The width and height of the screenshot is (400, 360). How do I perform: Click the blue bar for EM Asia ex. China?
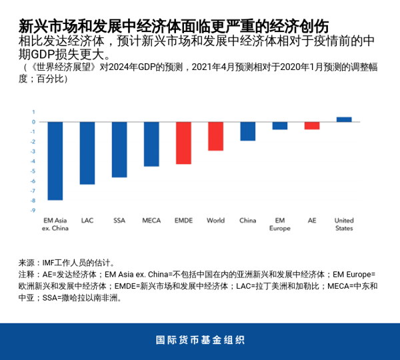click(x=55, y=161)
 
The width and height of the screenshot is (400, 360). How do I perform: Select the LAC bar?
click(x=87, y=153)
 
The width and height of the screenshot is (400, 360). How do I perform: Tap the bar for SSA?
click(x=119, y=149)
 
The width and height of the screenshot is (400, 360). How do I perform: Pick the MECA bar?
click(x=151, y=144)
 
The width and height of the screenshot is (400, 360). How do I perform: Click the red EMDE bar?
click(x=183, y=143)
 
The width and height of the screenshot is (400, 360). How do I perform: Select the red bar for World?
click(x=215, y=136)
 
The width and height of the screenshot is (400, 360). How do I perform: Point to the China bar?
click(x=247, y=131)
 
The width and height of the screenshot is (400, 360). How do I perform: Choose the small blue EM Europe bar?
click(x=280, y=125)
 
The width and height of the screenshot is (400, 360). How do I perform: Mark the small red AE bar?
click(x=312, y=125)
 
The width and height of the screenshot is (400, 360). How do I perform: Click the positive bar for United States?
click(x=344, y=119)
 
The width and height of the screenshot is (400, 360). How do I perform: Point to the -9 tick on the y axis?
click(x=32, y=211)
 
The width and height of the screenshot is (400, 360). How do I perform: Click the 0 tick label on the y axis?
click(x=33, y=122)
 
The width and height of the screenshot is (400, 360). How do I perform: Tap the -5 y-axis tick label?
click(x=32, y=171)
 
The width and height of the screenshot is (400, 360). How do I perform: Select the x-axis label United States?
click(x=344, y=224)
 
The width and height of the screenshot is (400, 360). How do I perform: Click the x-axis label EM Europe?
click(x=280, y=224)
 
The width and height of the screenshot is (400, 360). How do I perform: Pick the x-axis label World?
click(x=215, y=220)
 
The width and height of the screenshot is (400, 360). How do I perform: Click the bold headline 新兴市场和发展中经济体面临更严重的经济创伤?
click(x=173, y=27)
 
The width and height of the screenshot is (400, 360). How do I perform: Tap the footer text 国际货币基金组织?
click(x=200, y=340)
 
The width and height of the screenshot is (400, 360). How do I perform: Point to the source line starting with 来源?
click(x=67, y=263)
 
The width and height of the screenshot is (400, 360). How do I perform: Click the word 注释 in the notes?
click(x=26, y=274)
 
